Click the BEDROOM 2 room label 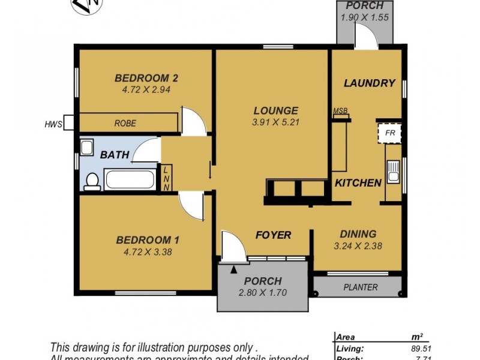146,78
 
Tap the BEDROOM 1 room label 147,240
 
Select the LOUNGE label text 275,110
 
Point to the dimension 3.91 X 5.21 275,122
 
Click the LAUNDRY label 369,83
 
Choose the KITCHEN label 358,182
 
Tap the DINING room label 358,234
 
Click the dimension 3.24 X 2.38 358,245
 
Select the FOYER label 274,235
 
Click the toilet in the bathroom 91,181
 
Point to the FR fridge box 389,133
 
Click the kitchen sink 394,171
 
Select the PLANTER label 360,287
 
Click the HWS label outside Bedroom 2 53,125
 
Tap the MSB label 340,111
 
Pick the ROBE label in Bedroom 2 125,124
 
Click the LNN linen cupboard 166,178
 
